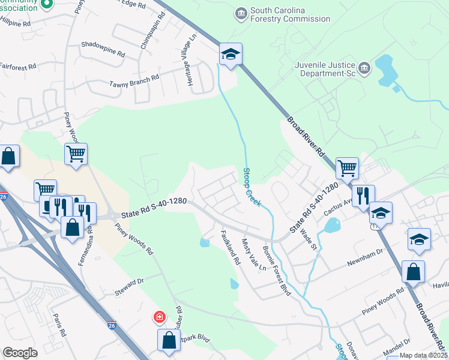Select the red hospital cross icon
(x=159, y=316)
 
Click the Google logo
(x=20, y=352)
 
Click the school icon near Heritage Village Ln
(x=231, y=54)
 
